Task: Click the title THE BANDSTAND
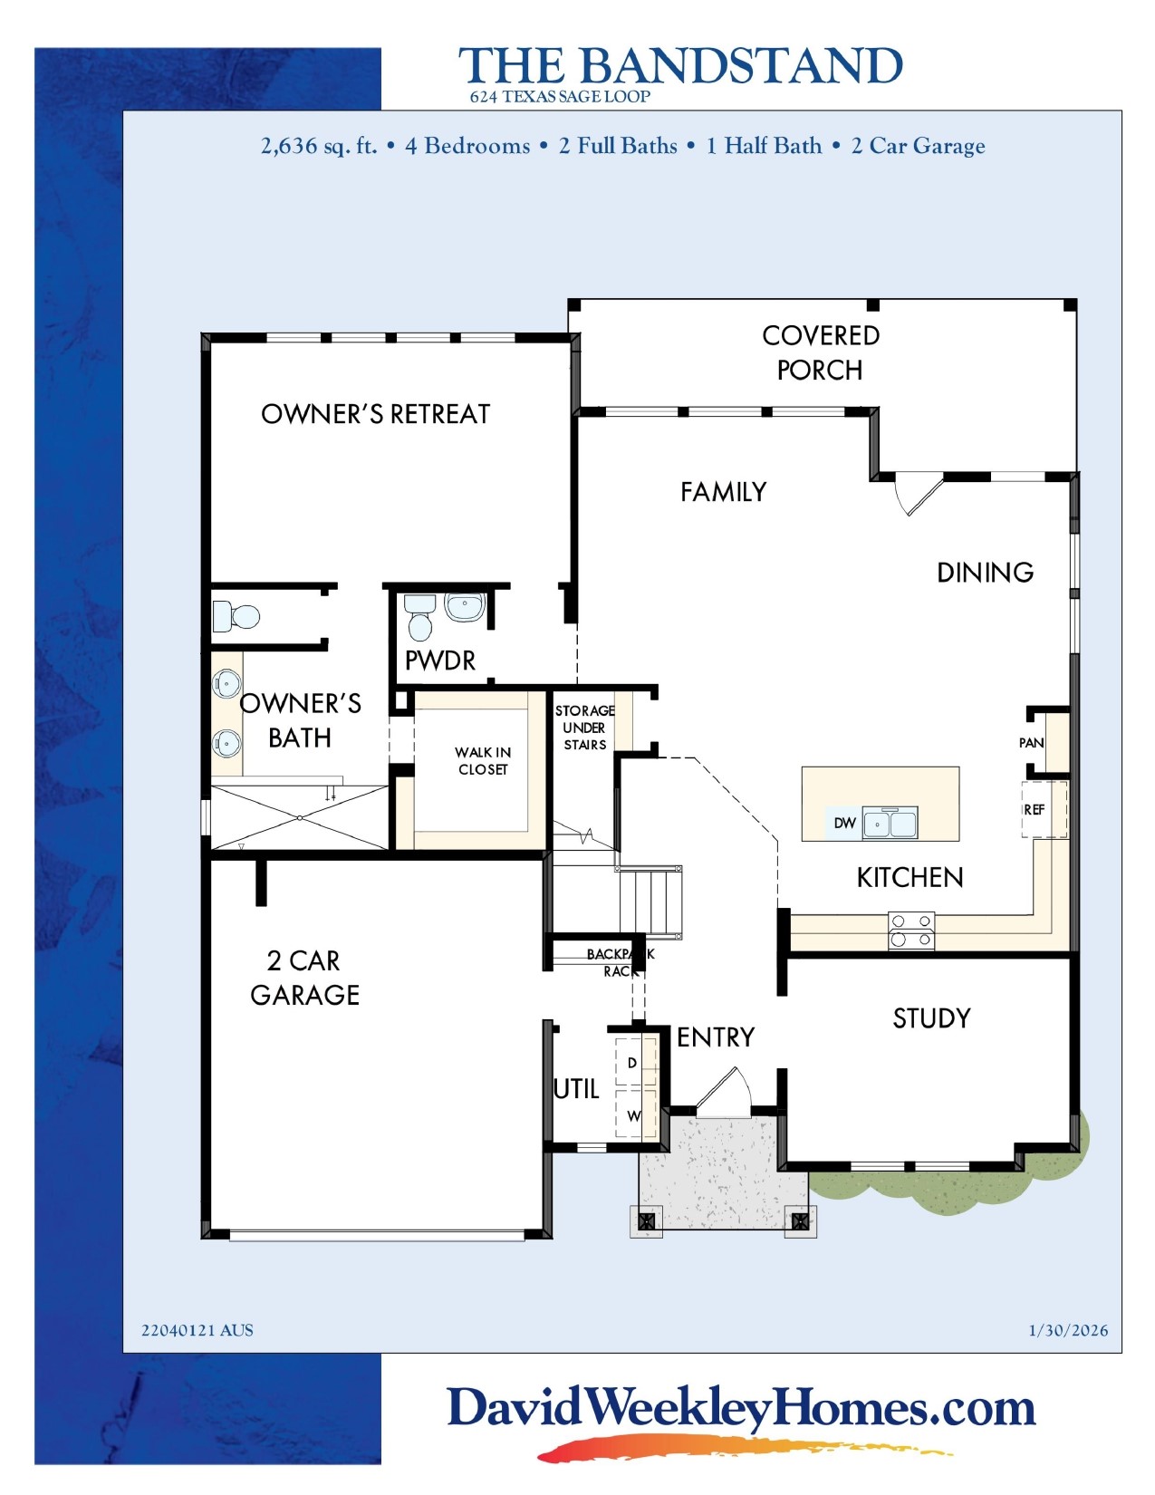[680, 66]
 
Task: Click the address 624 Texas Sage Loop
[559, 97]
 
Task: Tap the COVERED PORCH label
[820, 352]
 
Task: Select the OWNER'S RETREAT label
[375, 414]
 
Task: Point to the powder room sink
[465, 607]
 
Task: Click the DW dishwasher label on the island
[844, 823]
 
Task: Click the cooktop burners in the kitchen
[911, 931]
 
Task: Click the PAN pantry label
[1031, 743]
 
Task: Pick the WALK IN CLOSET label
[483, 761]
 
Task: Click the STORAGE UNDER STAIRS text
[584, 728]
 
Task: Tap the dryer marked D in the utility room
[632, 1063]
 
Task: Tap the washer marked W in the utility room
[633, 1115]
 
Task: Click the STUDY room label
[931, 1018]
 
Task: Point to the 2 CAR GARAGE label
[304, 978]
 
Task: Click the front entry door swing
[724, 1091]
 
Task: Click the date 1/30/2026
[1067, 1330]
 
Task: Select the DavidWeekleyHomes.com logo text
[741, 1409]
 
